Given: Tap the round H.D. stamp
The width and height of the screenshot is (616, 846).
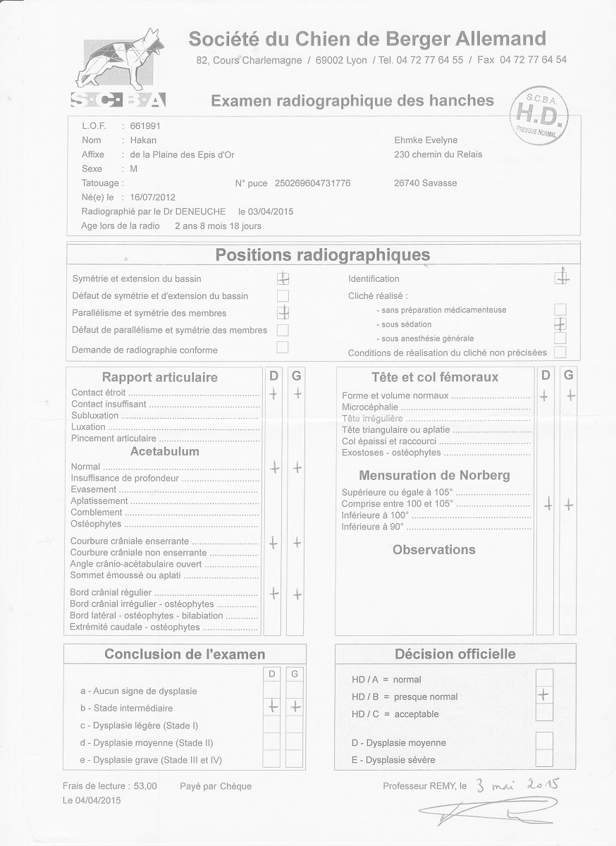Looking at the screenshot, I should point(541,114).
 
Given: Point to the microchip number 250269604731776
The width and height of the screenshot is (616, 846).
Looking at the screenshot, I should point(312,183).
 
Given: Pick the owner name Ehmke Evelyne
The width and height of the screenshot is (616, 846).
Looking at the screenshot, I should point(427,140).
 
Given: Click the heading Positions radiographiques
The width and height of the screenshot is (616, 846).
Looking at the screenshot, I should point(322,255).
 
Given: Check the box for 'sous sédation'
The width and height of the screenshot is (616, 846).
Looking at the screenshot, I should point(560,324).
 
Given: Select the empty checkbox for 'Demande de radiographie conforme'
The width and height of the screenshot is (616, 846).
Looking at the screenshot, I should point(283,347).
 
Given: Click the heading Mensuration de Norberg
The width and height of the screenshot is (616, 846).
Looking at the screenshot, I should point(434,475).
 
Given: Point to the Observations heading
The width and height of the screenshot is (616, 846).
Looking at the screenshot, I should point(433,550).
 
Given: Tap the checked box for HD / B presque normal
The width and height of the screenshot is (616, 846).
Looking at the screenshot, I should point(543,695).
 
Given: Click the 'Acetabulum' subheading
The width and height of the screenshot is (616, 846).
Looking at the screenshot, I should point(165,451).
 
